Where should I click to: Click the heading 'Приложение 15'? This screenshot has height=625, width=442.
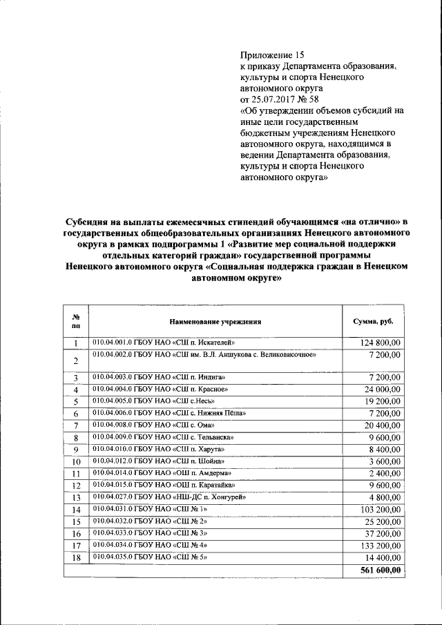coord(271,55)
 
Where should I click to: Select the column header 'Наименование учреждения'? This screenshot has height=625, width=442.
coord(215,322)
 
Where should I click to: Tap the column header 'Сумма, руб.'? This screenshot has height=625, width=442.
coord(373,322)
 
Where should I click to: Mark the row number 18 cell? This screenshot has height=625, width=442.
coord(77,558)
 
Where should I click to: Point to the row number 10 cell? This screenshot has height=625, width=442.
coord(77,461)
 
